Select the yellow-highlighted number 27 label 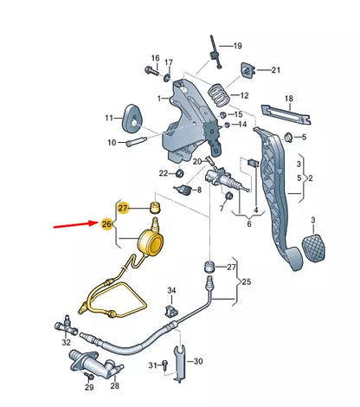point(123,208)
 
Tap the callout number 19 point(237,45)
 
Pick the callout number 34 point(171,290)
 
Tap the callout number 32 point(66,343)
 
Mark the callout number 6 point(249,224)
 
